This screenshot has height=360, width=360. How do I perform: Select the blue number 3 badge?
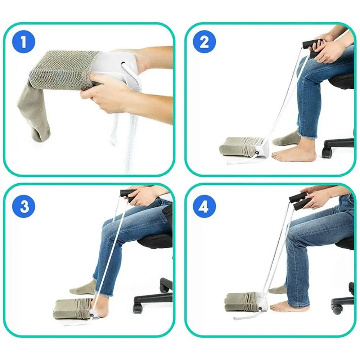23,207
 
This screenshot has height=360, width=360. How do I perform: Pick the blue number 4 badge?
204,207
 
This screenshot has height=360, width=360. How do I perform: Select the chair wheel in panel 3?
138,308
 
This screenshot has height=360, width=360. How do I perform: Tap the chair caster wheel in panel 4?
337,309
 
